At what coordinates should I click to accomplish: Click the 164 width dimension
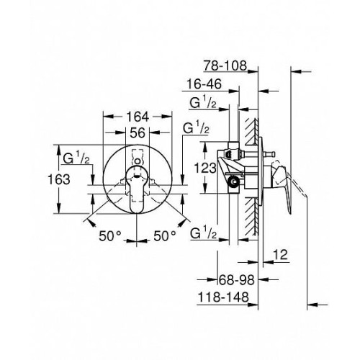pyautogui.click(x=138, y=117)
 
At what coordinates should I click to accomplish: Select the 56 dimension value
pyautogui.click(x=138, y=132)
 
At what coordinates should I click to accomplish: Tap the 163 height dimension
pyautogui.click(x=59, y=179)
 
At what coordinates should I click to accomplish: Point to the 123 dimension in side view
pyautogui.click(x=205, y=168)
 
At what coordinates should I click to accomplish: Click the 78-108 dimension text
pyautogui.click(x=225, y=66)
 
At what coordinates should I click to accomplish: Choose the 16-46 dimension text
pyautogui.click(x=204, y=84)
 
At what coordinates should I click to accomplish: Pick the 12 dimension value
pyautogui.click(x=280, y=255)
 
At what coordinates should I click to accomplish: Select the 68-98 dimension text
pyautogui.click(x=237, y=280)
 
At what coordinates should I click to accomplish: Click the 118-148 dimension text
pyautogui.click(x=223, y=297)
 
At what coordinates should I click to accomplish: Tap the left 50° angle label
pyautogui.click(x=110, y=236)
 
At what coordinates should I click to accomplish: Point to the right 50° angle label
pyautogui.click(x=165, y=236)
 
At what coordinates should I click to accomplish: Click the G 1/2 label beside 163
pyautogui.click(x=76, y=158)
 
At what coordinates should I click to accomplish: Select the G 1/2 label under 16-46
pyautogui.click(x=203, y=103)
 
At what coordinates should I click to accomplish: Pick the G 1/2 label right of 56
pyautogui.click(x=196, y=128)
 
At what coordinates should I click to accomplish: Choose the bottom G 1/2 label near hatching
pyautogui.click(x=203, y=233)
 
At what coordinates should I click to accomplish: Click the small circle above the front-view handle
pyautogui.click(x=137, y=161)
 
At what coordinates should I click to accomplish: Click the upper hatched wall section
pyautogui.click(x=252, y=132)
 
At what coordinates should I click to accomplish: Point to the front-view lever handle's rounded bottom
pyautogui.click(x=136, y=208)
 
